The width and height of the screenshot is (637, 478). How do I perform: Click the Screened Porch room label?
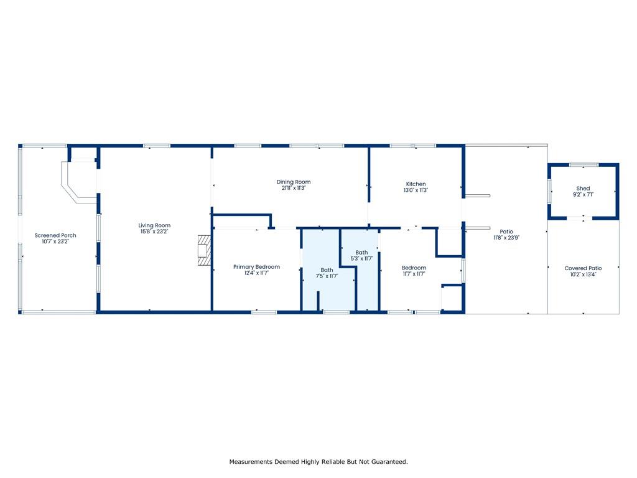pos(55,235)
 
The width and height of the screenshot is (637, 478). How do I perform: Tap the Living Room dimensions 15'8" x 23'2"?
pos(154,232)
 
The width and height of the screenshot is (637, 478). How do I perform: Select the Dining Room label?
pos(294,182)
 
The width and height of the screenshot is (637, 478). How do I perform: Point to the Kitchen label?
pos(416,184)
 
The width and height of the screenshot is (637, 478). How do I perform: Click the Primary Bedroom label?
pos(256,266)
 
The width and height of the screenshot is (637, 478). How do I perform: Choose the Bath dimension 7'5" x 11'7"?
pos(327,276)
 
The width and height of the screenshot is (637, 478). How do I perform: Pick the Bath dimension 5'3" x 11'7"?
pos(361,258)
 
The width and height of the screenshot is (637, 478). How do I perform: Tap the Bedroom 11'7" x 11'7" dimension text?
pos(414,274)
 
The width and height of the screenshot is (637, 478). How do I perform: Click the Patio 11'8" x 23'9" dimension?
pos(506,237)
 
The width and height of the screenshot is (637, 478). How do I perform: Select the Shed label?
pos(583,188)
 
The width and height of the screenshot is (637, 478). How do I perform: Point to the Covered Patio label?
pos(583,268)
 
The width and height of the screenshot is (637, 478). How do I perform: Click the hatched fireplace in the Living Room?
pos(205,250)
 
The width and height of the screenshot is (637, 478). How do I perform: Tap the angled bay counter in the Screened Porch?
pos(76,182)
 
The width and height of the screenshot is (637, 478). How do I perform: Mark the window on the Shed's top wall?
pos(584,164)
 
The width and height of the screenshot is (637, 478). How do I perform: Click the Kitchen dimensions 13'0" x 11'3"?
pos(416,190)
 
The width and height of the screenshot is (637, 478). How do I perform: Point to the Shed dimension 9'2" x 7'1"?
pos(583,194)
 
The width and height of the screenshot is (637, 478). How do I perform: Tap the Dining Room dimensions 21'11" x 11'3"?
pos(294,188)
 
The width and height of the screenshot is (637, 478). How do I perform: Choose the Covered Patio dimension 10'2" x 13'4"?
pos(583,274)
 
